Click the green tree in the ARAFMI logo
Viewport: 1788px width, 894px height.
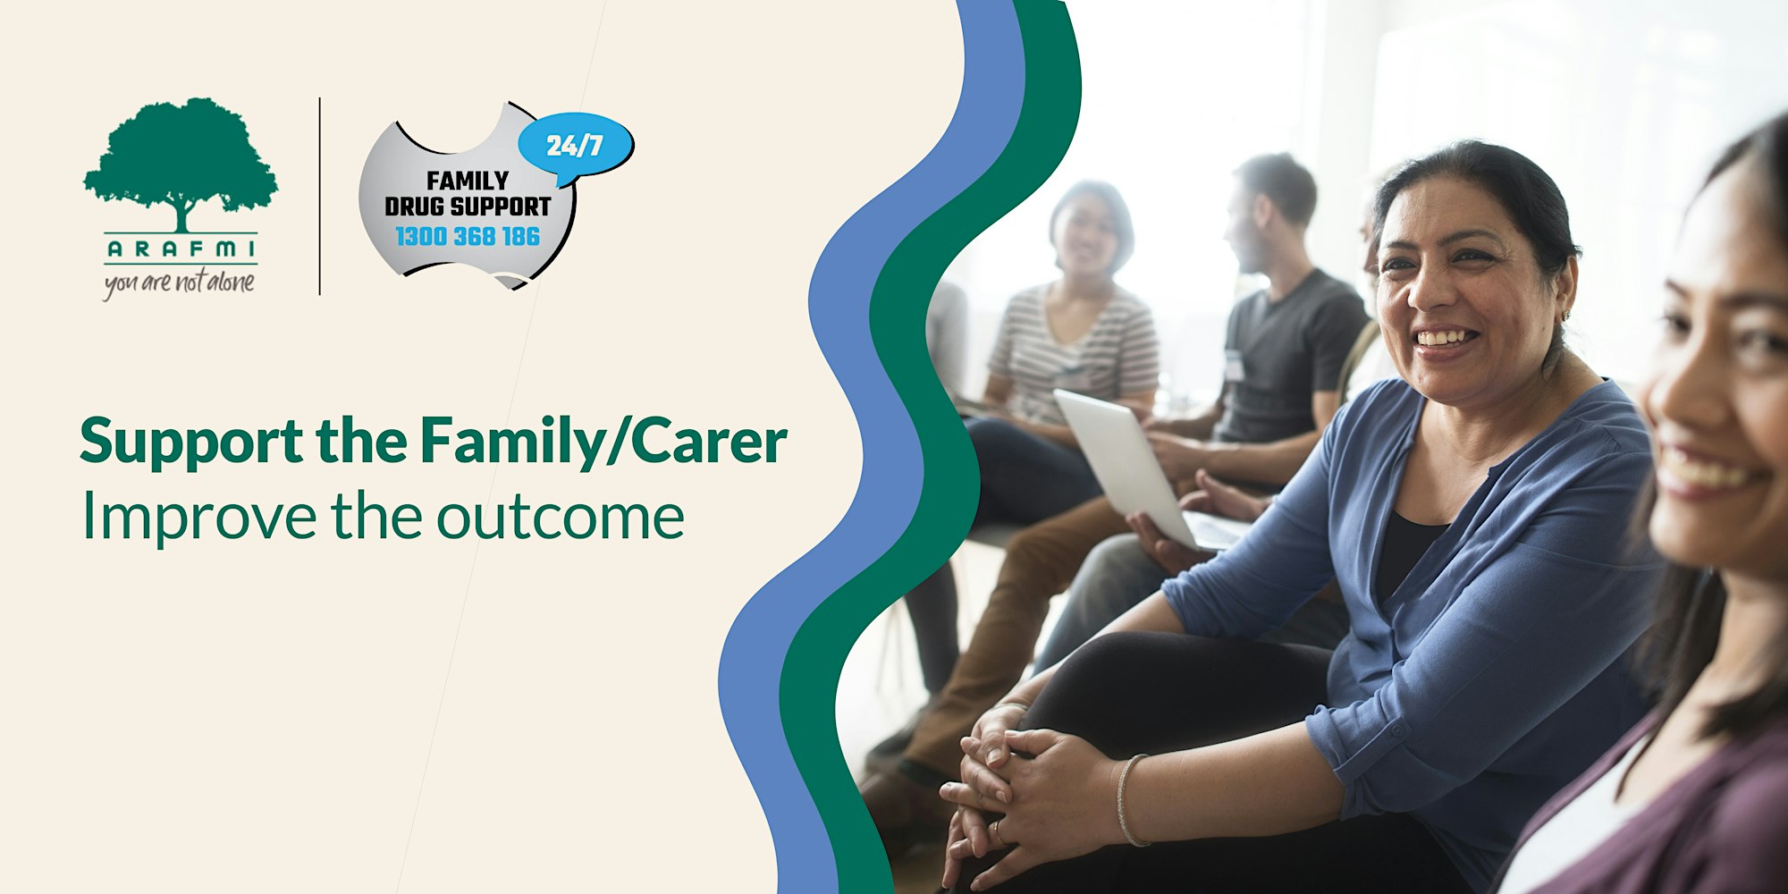coord(181,165)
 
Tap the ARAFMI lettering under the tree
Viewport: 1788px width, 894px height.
coord(181,249)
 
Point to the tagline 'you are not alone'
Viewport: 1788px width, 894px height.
coord(180,283)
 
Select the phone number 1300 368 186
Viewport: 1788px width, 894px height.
coord(468,237)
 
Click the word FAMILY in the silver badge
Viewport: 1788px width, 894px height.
coord(468,181)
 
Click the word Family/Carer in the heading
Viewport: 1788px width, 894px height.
coord(604,441)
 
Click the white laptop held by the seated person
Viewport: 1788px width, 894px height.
coord(1131,469)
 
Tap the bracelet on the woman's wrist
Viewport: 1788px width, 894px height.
coord(1128,800)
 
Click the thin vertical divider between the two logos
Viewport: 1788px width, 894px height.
coord(320,196)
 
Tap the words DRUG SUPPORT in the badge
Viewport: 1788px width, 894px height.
coord(468,207)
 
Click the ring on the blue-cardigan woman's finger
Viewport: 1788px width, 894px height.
coord(999,832)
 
